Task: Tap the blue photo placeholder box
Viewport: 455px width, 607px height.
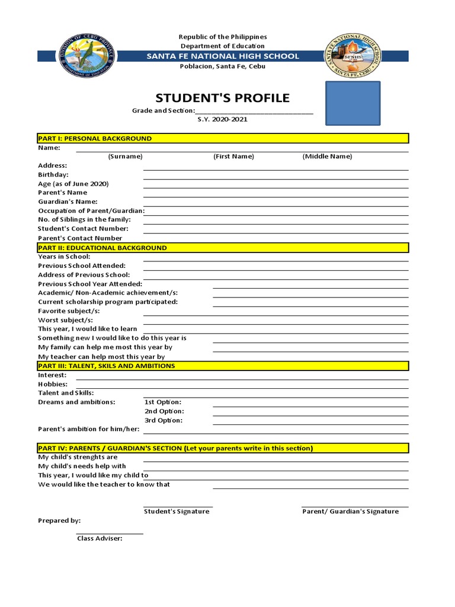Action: click(353, 103)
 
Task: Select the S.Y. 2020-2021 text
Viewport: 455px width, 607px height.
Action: click(223, 119)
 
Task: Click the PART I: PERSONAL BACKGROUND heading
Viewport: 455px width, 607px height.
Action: click(95, 138)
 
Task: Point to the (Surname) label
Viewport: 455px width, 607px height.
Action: click(125, 156)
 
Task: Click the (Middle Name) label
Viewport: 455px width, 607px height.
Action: click(327, 156)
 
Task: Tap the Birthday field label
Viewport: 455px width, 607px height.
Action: click(53, 175)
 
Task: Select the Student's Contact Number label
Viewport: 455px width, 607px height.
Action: click(83, 228)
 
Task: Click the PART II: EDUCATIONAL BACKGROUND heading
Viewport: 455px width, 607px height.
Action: click(102, 248)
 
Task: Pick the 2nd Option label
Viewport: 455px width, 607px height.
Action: click(164, 411)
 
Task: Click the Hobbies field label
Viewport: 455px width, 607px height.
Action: click(53, 384)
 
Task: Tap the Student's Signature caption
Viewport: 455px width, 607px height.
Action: click(177, 511)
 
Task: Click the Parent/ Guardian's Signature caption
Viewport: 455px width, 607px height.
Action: click(351, 511)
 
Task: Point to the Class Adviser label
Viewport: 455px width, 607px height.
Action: click(100, 538)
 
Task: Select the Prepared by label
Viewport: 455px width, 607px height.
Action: click(59, 520)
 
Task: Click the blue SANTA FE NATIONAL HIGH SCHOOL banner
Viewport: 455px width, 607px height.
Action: click(223, 56)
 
